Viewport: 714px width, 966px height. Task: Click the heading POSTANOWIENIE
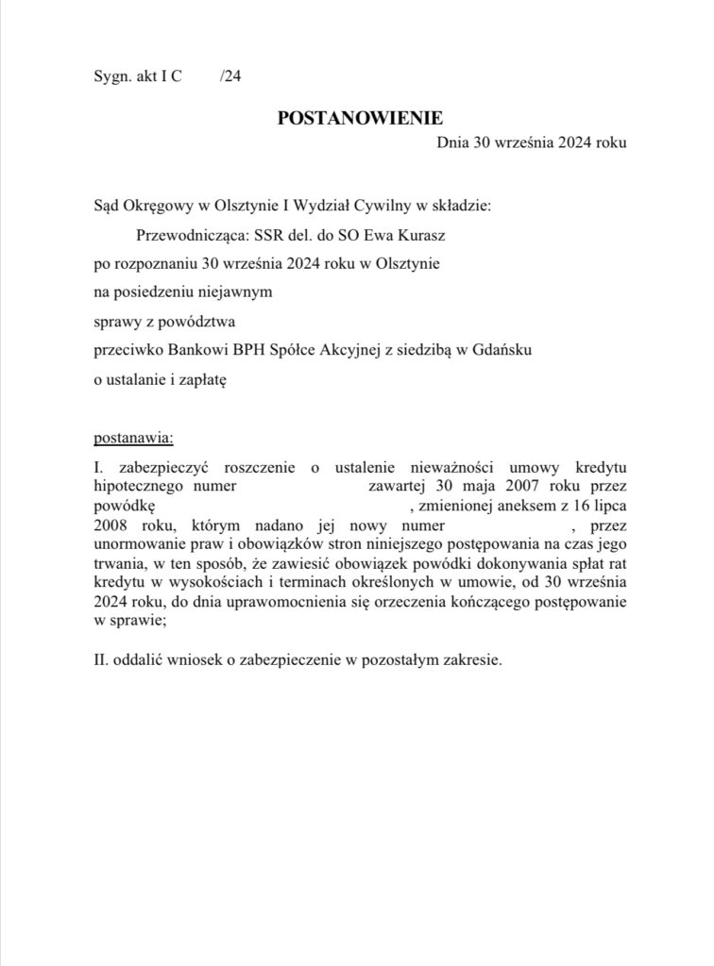[360, 118]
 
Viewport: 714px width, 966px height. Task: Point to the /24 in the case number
[230, 79]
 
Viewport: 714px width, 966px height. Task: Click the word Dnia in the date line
[451, 142]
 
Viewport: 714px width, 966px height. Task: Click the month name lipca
[611, 507]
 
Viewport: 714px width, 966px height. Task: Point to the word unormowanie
[137, 544]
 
